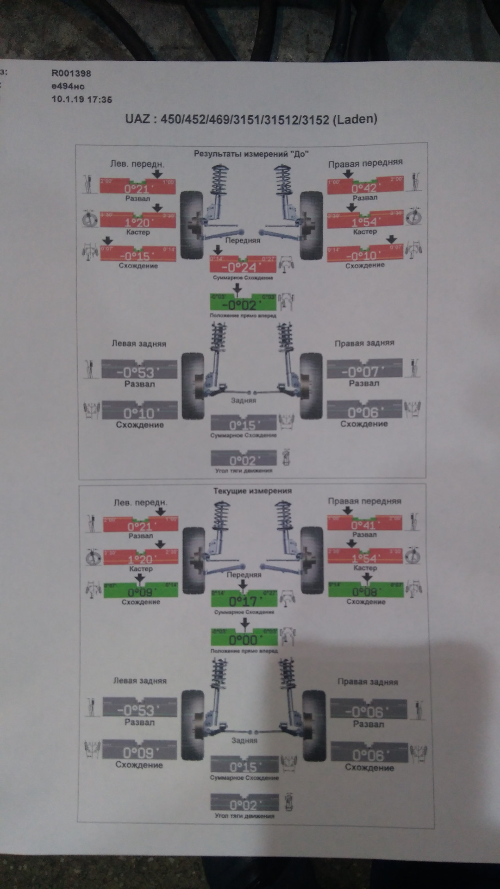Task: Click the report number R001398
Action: click(71, 73)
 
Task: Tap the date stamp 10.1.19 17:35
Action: click(81, 99)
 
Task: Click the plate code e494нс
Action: click(68, 86)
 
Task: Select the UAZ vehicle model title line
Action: click(251, 119)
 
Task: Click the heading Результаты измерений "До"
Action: click(251, 154)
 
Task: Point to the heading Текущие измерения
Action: click(252, 491)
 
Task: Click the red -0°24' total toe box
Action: click(243, 265)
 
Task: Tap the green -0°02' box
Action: click(243, 302)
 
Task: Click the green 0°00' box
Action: click(244, 638)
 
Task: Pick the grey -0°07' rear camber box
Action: click(364, 369)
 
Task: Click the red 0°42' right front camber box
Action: click(365, 185)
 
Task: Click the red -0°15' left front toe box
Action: click(138, 254)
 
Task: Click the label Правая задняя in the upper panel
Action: click(364, 343)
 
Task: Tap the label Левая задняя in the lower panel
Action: click(140, 681)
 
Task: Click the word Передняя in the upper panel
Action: click(243, 240)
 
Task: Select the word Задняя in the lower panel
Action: click(244, 740)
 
